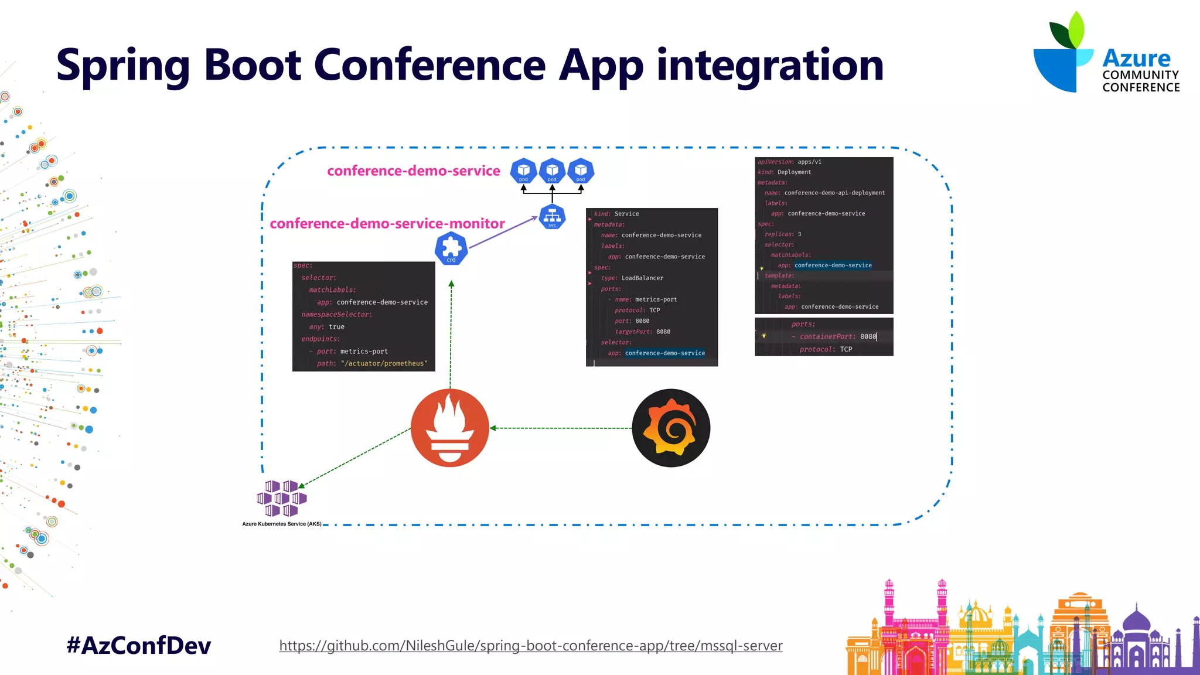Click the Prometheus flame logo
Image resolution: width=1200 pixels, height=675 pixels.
(x=449, y=428)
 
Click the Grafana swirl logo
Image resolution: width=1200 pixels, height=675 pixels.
(x=671, y=428)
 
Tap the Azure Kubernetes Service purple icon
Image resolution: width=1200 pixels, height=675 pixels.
(x=282, y=499)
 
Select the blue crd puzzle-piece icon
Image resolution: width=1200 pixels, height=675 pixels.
(x=451, y=248)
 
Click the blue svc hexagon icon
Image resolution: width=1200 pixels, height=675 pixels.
(x=552, y=217)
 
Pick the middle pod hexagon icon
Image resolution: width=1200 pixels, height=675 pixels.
(x=552, y=171)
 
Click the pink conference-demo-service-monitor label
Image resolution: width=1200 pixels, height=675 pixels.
(x=387, y=223)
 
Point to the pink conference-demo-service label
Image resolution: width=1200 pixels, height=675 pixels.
(x=413, y=171)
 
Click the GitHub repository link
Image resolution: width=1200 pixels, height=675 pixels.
(x=530, y=646)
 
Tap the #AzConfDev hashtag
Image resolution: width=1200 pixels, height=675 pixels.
(x=139, y=646)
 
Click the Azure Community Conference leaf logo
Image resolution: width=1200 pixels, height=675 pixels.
(x=1063, y=53)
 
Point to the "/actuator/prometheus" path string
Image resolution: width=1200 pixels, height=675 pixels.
(x=384, y=364)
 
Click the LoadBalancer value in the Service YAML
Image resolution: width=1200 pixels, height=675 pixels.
(x=642, y=278)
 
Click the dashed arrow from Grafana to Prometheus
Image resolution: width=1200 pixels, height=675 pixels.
(x=561, y=428)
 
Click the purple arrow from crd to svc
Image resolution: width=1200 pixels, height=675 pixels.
(x=503, y=233)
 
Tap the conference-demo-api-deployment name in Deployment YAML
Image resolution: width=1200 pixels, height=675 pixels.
(x=834, y=193)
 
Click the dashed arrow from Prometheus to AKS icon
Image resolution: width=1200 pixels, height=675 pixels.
(x=355, y=456)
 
